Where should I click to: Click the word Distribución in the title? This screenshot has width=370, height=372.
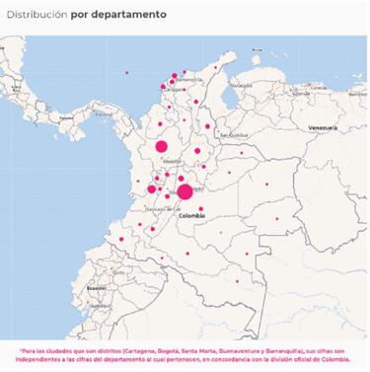[37, 16]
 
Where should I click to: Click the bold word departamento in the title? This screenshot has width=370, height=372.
[131, 16]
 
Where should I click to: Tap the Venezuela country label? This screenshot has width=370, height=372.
[323, 128]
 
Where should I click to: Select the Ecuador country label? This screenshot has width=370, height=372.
[96, 287]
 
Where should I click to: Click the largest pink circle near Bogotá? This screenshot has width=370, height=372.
[185, 192]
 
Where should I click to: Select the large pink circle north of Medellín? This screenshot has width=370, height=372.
[161, 147]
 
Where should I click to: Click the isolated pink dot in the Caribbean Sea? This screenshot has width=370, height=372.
[126, 73]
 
